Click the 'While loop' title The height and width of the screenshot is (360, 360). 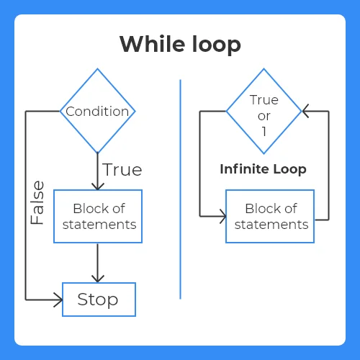tap(180, 45)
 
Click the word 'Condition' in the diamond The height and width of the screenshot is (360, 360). tap(97, 112)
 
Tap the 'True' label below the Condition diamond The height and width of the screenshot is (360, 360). tap(122, 170)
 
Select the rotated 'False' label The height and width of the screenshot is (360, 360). tap(37, 202)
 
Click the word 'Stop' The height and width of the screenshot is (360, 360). tap(98, 300)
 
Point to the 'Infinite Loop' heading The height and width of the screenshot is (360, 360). tap(263, 169)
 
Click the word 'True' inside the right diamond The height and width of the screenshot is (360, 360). tap(264, 100)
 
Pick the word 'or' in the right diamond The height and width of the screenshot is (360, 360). tap(264, 117)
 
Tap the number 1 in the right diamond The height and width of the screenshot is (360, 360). tap(264, 132)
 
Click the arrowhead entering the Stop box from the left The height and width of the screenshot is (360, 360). tap(59, 300)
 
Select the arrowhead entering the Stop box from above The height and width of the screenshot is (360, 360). tap(98, 279)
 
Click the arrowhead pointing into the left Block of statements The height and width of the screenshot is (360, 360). tap(98, 186)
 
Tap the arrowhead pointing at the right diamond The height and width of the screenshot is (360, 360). tap(305, 111)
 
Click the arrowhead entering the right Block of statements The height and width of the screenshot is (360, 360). tap(223, 216)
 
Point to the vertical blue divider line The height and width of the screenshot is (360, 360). tap(180, 189)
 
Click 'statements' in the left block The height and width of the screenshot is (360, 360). tap(99, 225)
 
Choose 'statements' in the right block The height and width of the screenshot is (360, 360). tap(271, 225)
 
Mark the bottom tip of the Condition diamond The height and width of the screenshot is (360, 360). tap(98, 153)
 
